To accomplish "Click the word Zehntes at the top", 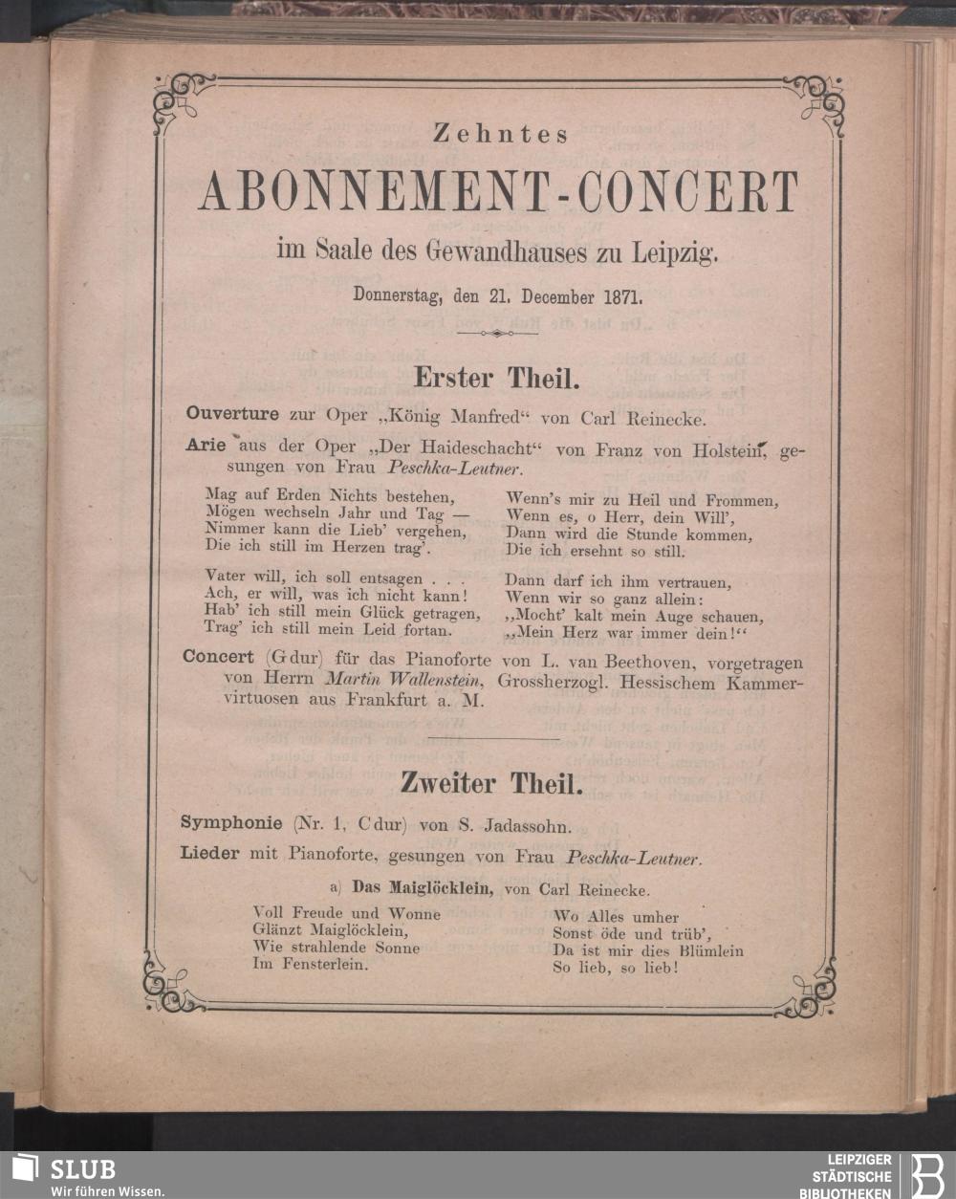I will [x=501, y=135].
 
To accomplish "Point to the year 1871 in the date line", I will [x=624, y=294].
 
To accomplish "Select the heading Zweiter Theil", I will [x=489, y=784].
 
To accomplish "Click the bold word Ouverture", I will [x=232, y=414].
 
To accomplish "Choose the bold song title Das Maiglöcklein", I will [x=422, y=888].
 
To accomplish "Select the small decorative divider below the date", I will [x=496, y=333].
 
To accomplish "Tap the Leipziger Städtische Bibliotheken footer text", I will [x=851, y=1175].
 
